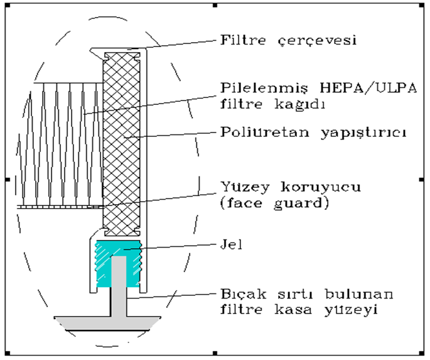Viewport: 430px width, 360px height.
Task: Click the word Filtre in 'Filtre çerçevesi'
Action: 243,40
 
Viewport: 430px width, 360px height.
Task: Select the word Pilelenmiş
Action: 265,89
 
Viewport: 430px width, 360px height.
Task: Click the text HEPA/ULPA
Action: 368,88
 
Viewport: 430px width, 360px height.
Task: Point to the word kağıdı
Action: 299,104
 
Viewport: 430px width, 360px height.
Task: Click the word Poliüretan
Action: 265,132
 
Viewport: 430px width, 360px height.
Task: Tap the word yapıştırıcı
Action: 363,133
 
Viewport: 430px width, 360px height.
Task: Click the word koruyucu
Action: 321,188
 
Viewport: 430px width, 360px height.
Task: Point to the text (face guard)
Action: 274,204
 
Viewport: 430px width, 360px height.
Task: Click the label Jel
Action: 232,244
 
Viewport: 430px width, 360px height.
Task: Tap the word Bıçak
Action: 244,295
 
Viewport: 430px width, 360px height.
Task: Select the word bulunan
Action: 359,294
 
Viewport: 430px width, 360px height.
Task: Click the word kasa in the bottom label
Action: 293,310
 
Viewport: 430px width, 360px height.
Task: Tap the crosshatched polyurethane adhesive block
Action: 122,145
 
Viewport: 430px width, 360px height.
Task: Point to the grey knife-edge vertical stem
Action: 119,286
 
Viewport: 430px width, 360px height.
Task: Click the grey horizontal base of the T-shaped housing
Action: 107,324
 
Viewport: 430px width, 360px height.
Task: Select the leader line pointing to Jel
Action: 170,246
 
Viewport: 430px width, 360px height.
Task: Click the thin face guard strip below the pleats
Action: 60,207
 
